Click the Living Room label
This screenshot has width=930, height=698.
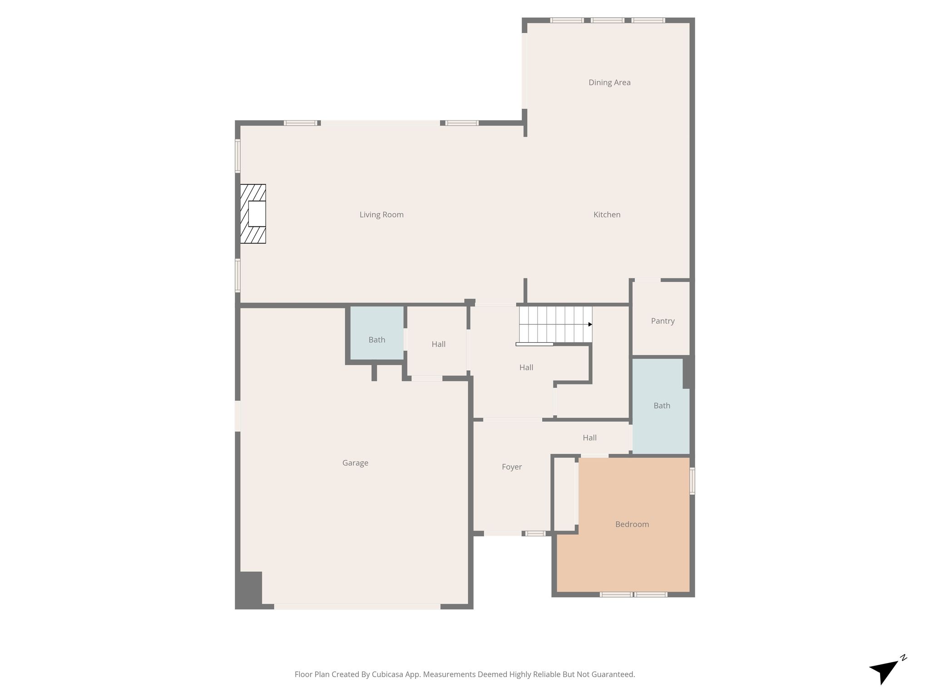coord(381,214)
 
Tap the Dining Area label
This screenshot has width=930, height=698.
coord(609,82)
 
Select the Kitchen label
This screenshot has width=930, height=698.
coord(607,214)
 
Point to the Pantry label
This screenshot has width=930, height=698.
coord(663,321)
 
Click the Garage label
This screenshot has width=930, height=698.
coord(355,463)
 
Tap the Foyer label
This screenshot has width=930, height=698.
coord(512,467)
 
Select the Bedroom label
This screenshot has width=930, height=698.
coord(632,524)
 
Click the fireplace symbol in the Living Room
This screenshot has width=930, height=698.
coord(253,214)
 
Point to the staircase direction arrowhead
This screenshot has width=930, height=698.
coord(590,324)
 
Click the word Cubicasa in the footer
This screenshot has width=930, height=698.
coord(388,674)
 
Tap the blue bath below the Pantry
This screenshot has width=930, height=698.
coord(661,406)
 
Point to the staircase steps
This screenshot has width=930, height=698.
coord(556,324)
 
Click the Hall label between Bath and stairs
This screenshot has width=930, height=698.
coord(439,344)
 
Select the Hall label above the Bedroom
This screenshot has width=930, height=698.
coord(589,438)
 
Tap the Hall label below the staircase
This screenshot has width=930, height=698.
coord(526,367)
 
